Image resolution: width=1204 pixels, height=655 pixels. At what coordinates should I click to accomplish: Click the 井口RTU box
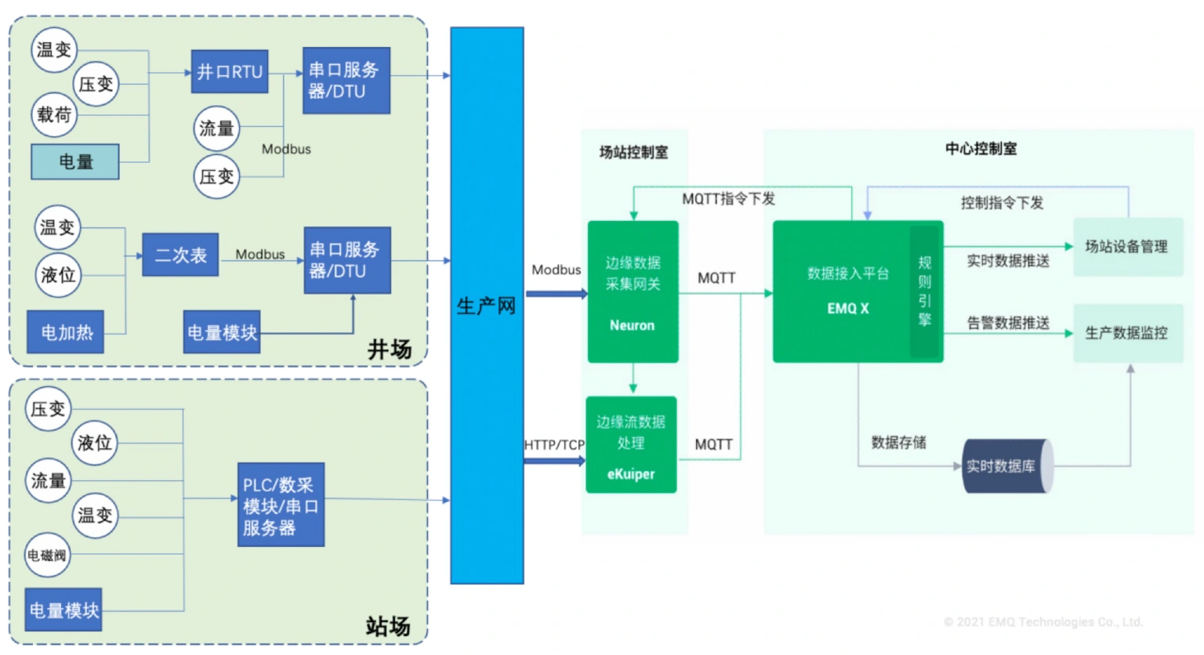click(x=230, y=72)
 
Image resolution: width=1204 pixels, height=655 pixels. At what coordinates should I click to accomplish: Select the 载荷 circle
click(x=54, y=114)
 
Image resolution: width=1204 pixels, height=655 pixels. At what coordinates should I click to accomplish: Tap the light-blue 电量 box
click(x=75, y=161)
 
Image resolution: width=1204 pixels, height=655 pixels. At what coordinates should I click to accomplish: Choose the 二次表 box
click(x=180, y=255)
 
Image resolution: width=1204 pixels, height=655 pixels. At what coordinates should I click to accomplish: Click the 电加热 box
click(x=66, y=331)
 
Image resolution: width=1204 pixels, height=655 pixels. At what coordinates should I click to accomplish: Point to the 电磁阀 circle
click(x=47, y=555)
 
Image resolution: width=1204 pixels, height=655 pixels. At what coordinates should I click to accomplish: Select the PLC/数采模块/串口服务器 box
click(x=281, y=505)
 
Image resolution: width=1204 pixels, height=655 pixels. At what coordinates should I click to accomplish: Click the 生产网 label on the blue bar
click(x=486, y=306)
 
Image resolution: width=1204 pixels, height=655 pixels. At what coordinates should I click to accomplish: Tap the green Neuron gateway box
click(x=633, y=292)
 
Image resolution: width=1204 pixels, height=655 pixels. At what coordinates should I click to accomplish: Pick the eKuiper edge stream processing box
click(x=631, y=445)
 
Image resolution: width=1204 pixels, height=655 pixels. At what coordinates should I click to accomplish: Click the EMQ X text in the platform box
click(x=847, y=309)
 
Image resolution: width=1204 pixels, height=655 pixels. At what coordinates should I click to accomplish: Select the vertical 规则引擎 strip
click(x=925, y=291)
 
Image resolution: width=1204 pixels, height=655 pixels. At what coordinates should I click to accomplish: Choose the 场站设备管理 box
click(x=1126, y=247)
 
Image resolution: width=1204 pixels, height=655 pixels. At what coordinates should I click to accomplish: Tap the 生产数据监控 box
click(x=1126, y=333)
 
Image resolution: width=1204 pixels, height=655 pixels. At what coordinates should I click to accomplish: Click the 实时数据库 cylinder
click(x=1006, y=466)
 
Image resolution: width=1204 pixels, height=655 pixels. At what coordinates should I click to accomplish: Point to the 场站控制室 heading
click(x=633, y=152)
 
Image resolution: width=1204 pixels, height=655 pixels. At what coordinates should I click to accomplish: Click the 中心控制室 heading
click(x=981, y=149)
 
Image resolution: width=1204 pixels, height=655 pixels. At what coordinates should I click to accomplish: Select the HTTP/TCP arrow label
click(x=554, y=445)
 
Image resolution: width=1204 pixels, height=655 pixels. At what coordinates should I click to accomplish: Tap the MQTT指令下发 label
click(x=728, y=199)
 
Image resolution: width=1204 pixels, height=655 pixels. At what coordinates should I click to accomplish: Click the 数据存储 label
click(x=898, y=443)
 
